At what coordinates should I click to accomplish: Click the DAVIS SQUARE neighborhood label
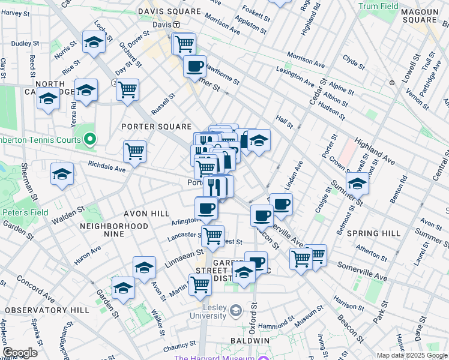tap(161, 11)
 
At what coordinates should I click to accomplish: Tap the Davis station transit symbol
tap(177, 25)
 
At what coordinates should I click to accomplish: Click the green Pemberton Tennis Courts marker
tap(90, 140)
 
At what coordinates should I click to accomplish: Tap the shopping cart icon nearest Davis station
tap(184, 43)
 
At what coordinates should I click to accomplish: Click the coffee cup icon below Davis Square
tap(194, 66)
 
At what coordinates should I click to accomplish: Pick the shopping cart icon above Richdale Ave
tap(134, 152)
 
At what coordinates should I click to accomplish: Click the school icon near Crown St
tap(357, 184)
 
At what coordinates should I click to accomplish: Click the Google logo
tap(20, 353)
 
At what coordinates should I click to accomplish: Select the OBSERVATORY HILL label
tap(47, 310)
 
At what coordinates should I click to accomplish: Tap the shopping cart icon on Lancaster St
tap(212, 236)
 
